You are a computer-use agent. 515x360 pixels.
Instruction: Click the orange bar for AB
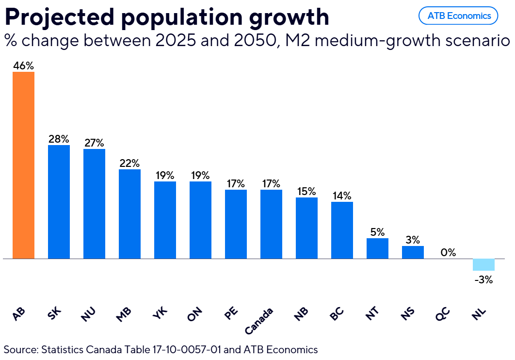(x=23, y=165)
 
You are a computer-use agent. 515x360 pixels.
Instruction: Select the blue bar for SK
(x=59, y=202)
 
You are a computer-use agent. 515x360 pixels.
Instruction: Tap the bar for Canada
(x=271, y=224)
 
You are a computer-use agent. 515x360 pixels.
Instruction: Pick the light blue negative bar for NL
(x=483, y=265)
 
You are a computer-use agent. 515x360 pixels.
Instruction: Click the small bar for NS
(x=413, y=252)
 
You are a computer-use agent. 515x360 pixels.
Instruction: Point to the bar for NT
(x=377, y=248)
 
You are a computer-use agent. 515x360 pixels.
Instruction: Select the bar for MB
(x=129, y=214)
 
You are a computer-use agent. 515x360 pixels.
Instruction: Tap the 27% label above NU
(x=94, y=143)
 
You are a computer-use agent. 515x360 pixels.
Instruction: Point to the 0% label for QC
(x=448, y=252)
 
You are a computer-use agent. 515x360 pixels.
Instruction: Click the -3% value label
(x=483, y=279)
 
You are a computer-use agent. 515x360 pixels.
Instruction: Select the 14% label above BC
(x=342, y=196)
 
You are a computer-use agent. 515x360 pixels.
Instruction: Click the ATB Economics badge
(x=458, y=16)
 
